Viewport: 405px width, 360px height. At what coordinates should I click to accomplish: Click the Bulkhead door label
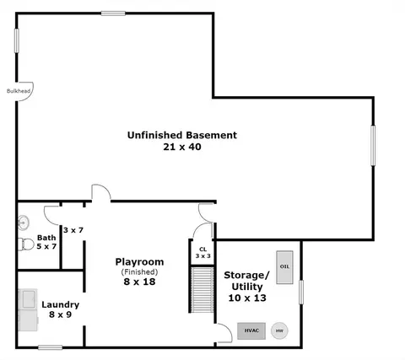pyautogui.click(x=19, y=91)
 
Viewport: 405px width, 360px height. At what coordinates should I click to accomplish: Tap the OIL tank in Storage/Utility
pyautogui.click(x=284, y=267)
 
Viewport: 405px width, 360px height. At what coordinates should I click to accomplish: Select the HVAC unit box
pyautogui.click(x=251, y=330)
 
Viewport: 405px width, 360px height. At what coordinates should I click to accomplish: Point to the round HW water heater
pyautogui.click(x=279, y=330)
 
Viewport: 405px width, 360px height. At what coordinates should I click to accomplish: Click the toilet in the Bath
pyautogui.click(x=26, y=244)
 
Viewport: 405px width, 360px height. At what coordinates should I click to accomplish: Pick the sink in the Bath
pyautogui.click(x=24, y=223)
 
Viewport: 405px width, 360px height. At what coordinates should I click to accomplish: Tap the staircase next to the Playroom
pyautogui.click(x=202, y=290)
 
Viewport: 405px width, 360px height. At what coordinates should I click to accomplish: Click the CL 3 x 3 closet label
pyautogui.click(x=203, y=253)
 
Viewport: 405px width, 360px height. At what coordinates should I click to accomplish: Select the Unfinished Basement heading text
pyautogui.click(x=182, y=135)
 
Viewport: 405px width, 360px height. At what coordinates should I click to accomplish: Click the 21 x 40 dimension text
pyautogui.click(x=182, y=147)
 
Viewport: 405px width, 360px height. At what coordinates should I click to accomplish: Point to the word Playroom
pyautogui.click(x=139, y=262)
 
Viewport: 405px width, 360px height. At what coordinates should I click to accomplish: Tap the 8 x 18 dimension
pyautogui.click(x=139, y=282)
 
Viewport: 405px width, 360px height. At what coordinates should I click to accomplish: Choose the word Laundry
pyautogui.click(x=61, y=305)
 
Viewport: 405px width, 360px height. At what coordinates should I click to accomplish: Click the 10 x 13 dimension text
pyautogui.click(x=247, y=298)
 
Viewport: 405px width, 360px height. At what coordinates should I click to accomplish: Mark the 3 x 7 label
pyautogui.click(x=73, y=230)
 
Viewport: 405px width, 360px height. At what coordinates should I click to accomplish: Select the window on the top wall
pyautogui.click(x=113, y=13)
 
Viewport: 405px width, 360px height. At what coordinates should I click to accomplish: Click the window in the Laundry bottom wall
pyautogui.click(x=51, y=347)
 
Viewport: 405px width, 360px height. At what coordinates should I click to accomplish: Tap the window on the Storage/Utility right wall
pyautogui.click(x=301, y=293)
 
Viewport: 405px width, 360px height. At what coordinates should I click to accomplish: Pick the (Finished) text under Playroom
pyautogui.click(x=139, y=272)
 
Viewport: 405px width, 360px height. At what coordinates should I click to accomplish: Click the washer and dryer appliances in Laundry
pyautogui.click(x=28, y=309)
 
